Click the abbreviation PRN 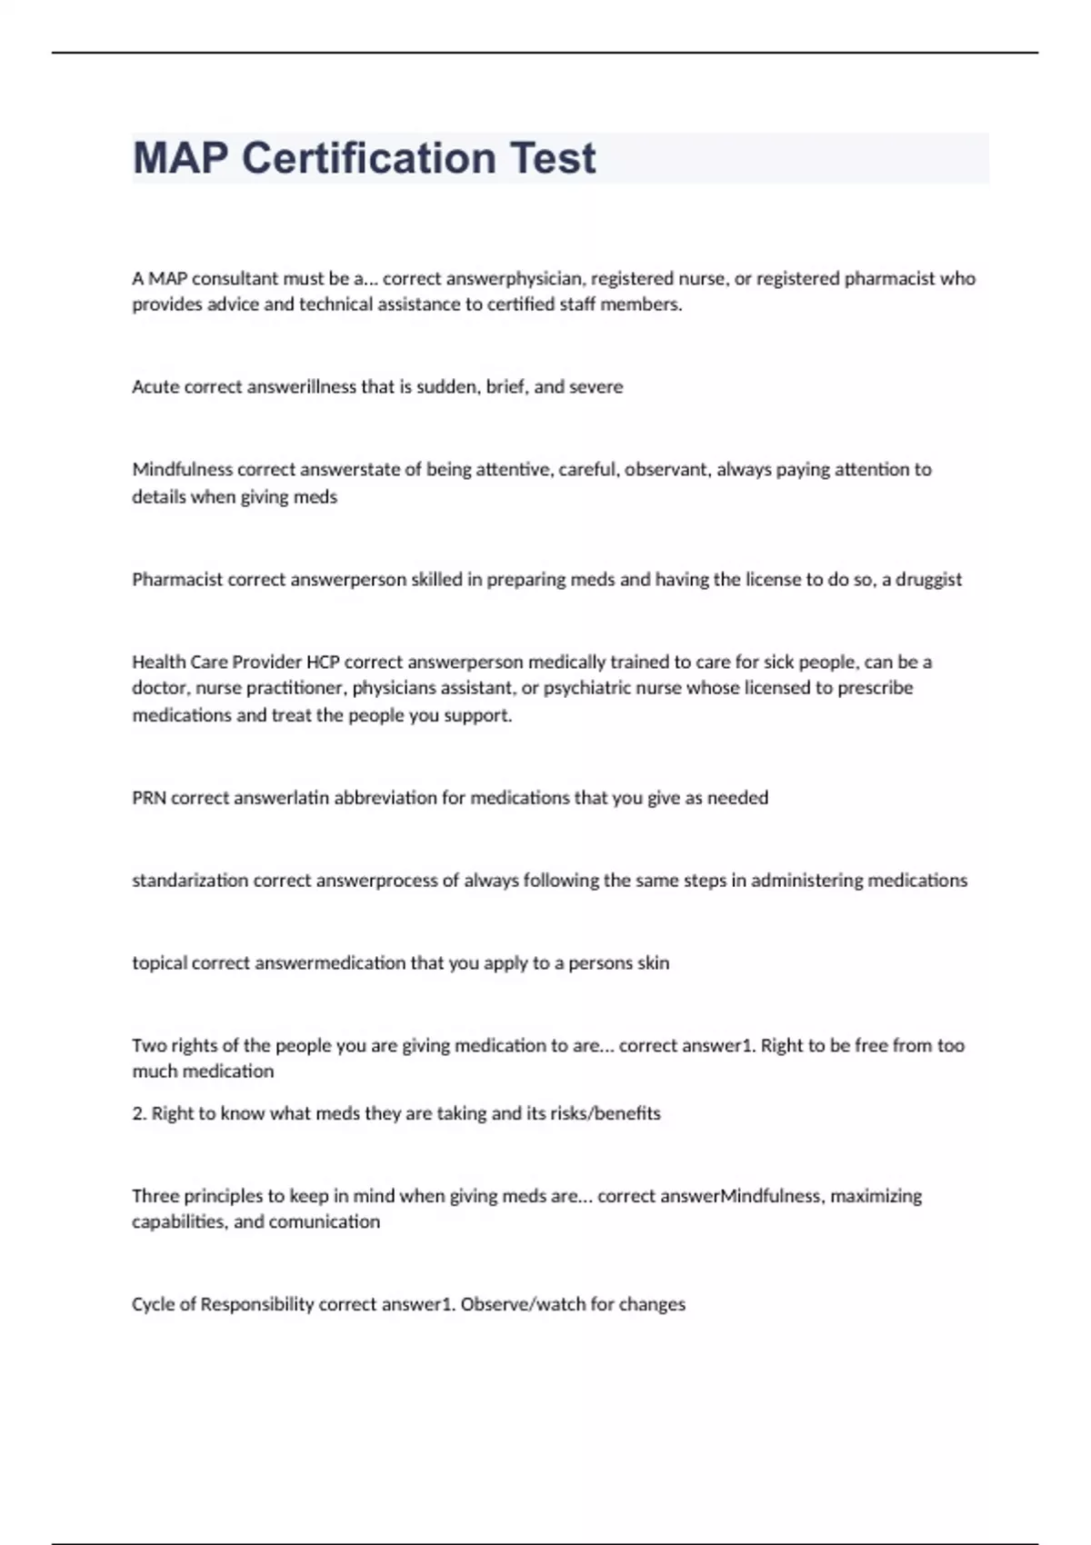[149, 798]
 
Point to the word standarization [190, 881]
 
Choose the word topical [159, 963]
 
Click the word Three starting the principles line [155, 1196]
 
